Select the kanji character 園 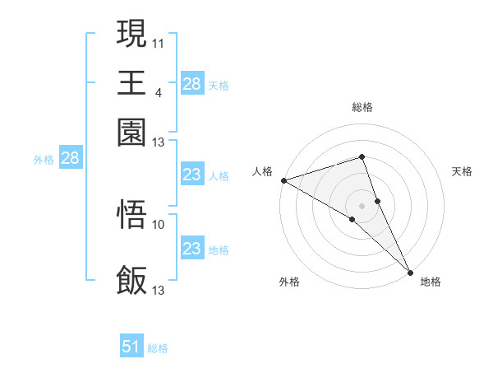coord(132,131)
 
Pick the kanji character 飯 coord(132,280)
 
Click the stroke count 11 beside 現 coord(159,41)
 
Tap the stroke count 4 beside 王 coord(158,91)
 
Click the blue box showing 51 coord(131,347)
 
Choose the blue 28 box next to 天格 coord(191,84)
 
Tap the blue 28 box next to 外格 coord(70,159)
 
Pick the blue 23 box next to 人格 coord(191,175)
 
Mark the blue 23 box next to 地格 coord(191,249)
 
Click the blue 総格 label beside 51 coord(158,348)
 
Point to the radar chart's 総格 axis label coord(362,107)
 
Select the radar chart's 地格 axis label coord(431,282)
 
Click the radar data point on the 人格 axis coord(283,180)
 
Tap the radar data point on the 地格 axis coord(410,272)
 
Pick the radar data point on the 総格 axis coord(362,156)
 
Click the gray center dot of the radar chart coord(362,205)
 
